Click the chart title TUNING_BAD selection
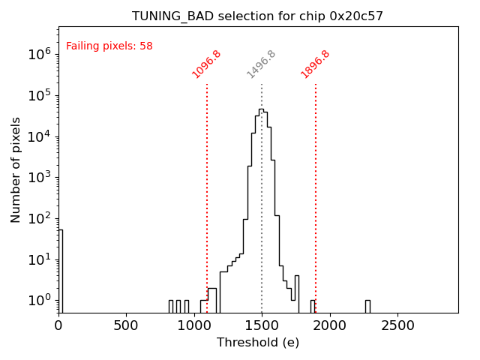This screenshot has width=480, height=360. [x=257, y=16]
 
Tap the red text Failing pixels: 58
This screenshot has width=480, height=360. [x=109, y=46]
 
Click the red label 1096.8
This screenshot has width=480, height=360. [x=206, y=64]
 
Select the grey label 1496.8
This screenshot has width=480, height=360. [x=261, y=64]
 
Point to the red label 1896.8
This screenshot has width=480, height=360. [x=315, y=64]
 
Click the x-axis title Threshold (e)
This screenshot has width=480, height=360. [x=258, y=343]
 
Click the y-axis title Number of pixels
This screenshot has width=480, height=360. [x=16, y=169]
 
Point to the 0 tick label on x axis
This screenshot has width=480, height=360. [x=58, y=325]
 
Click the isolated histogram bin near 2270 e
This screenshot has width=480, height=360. [x=367, y=306]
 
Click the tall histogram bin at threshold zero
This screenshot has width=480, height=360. [x=60, y=270]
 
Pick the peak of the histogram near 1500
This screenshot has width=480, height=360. [x=261, y=110]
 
